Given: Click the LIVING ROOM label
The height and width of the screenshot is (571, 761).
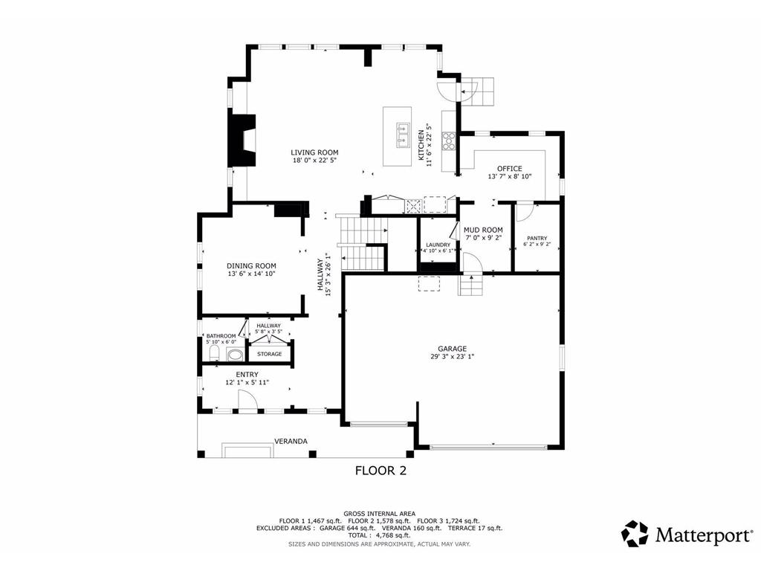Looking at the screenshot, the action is click(x=314, y=152).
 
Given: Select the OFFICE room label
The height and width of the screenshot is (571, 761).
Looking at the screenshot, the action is click(x=510, y=169).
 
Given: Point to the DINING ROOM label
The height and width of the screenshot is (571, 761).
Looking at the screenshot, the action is click(x=251, y=265).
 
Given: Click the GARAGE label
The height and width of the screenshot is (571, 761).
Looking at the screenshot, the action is click(x=453, y=349).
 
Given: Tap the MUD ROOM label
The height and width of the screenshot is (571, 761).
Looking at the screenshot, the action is click(x=483, y=230).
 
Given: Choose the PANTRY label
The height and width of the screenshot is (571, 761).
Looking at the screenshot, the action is click(x=537, y=238).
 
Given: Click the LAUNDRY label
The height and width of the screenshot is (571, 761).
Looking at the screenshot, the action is click(x=438, y=245).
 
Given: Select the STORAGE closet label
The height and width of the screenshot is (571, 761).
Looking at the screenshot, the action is click(x=269, y=354).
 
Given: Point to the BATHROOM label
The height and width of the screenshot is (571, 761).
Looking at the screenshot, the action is click(x=221, y=336).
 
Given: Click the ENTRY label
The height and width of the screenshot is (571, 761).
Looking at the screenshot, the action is click(x=247, y=375).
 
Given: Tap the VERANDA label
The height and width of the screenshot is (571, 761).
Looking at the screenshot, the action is click(x=291, y=442).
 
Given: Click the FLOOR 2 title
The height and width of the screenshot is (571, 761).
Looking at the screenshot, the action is click(x=380, y=471).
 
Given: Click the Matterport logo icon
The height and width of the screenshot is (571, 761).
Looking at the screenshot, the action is click(x=635, y=534).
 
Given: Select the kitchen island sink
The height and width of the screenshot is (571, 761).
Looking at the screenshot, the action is click(x=403, y=135).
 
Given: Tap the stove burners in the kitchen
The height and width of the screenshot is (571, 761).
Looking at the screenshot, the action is click(x=448, y=141).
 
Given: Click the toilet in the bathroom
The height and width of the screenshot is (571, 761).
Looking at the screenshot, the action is click(x=214, y=353).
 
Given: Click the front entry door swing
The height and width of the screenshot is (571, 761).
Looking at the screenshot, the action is click(x=247, y=401).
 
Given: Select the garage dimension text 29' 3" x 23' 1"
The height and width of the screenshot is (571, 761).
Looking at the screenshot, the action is click(x=453, y=356).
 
